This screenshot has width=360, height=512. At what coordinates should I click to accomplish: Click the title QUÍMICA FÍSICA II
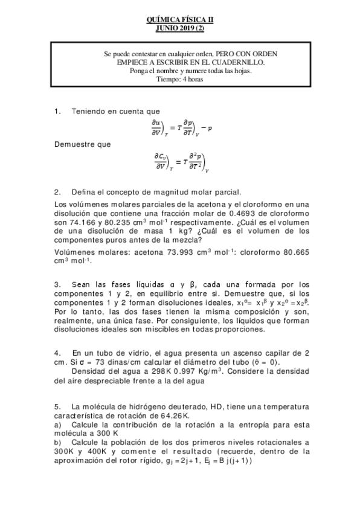point(180,19)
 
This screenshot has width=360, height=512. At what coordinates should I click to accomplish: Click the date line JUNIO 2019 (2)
point(180,27)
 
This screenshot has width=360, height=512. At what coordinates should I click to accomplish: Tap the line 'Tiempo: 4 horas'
point(180,78)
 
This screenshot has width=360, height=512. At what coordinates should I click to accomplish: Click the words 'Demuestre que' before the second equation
point(76,145)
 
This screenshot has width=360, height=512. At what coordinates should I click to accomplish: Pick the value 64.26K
point(175,416)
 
